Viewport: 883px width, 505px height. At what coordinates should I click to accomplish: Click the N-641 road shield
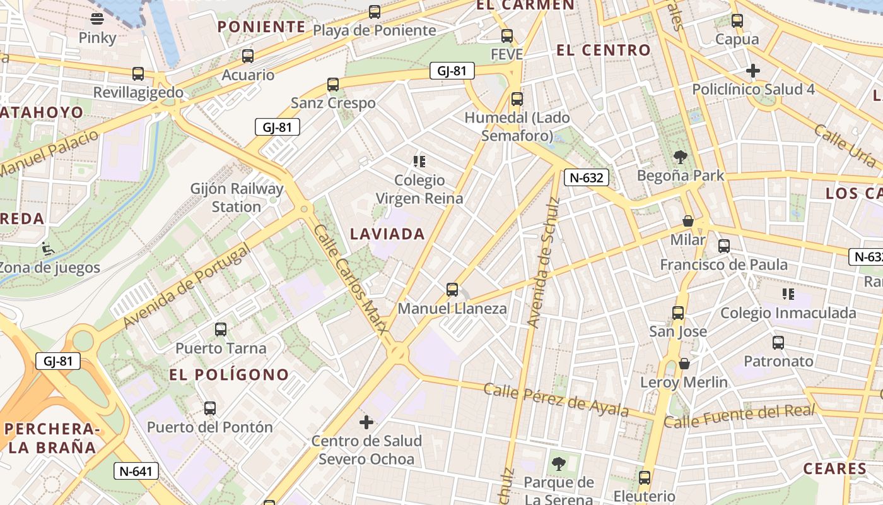click(136, 471)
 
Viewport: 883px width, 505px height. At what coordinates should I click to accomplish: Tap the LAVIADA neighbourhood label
click(387, 234)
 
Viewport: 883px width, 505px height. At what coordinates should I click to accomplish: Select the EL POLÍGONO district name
click(229, 374)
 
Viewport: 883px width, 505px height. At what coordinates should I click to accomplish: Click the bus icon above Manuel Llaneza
click(452, 290)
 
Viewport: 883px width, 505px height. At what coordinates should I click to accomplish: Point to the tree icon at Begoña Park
click(680, 157)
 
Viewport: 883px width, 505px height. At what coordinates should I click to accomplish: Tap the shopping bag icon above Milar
click(688, 222)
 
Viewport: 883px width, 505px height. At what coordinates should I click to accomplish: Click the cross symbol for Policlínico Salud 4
click(753, 71)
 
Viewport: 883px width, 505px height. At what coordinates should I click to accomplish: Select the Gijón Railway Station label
click(237, 198)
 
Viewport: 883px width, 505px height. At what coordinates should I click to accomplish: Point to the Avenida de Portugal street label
click(187, 286)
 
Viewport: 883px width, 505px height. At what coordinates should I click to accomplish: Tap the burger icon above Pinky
click(97, 19)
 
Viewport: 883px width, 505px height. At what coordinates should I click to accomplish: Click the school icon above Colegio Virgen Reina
click(419, 162)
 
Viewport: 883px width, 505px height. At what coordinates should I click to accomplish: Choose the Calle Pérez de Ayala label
click(556, 400)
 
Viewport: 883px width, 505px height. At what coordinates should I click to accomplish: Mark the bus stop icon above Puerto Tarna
click(221, 330)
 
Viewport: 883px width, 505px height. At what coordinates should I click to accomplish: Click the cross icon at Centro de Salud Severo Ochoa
click(366, 422)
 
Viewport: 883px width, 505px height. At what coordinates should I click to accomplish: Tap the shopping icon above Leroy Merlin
click(684, 364)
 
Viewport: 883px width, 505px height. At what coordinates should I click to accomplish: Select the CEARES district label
click(834, 468)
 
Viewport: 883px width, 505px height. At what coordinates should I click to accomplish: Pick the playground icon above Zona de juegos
click(46, 248)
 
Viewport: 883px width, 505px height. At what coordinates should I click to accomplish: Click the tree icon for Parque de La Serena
click(558, 465)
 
